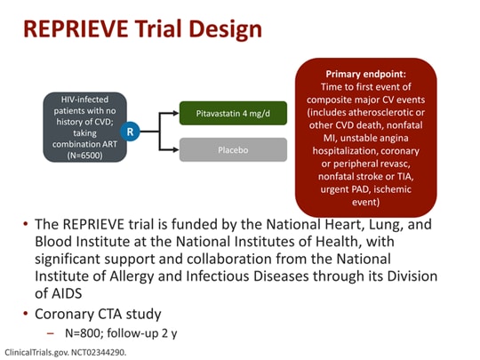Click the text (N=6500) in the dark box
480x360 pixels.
pyautogui.click(x=85, y=153)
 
